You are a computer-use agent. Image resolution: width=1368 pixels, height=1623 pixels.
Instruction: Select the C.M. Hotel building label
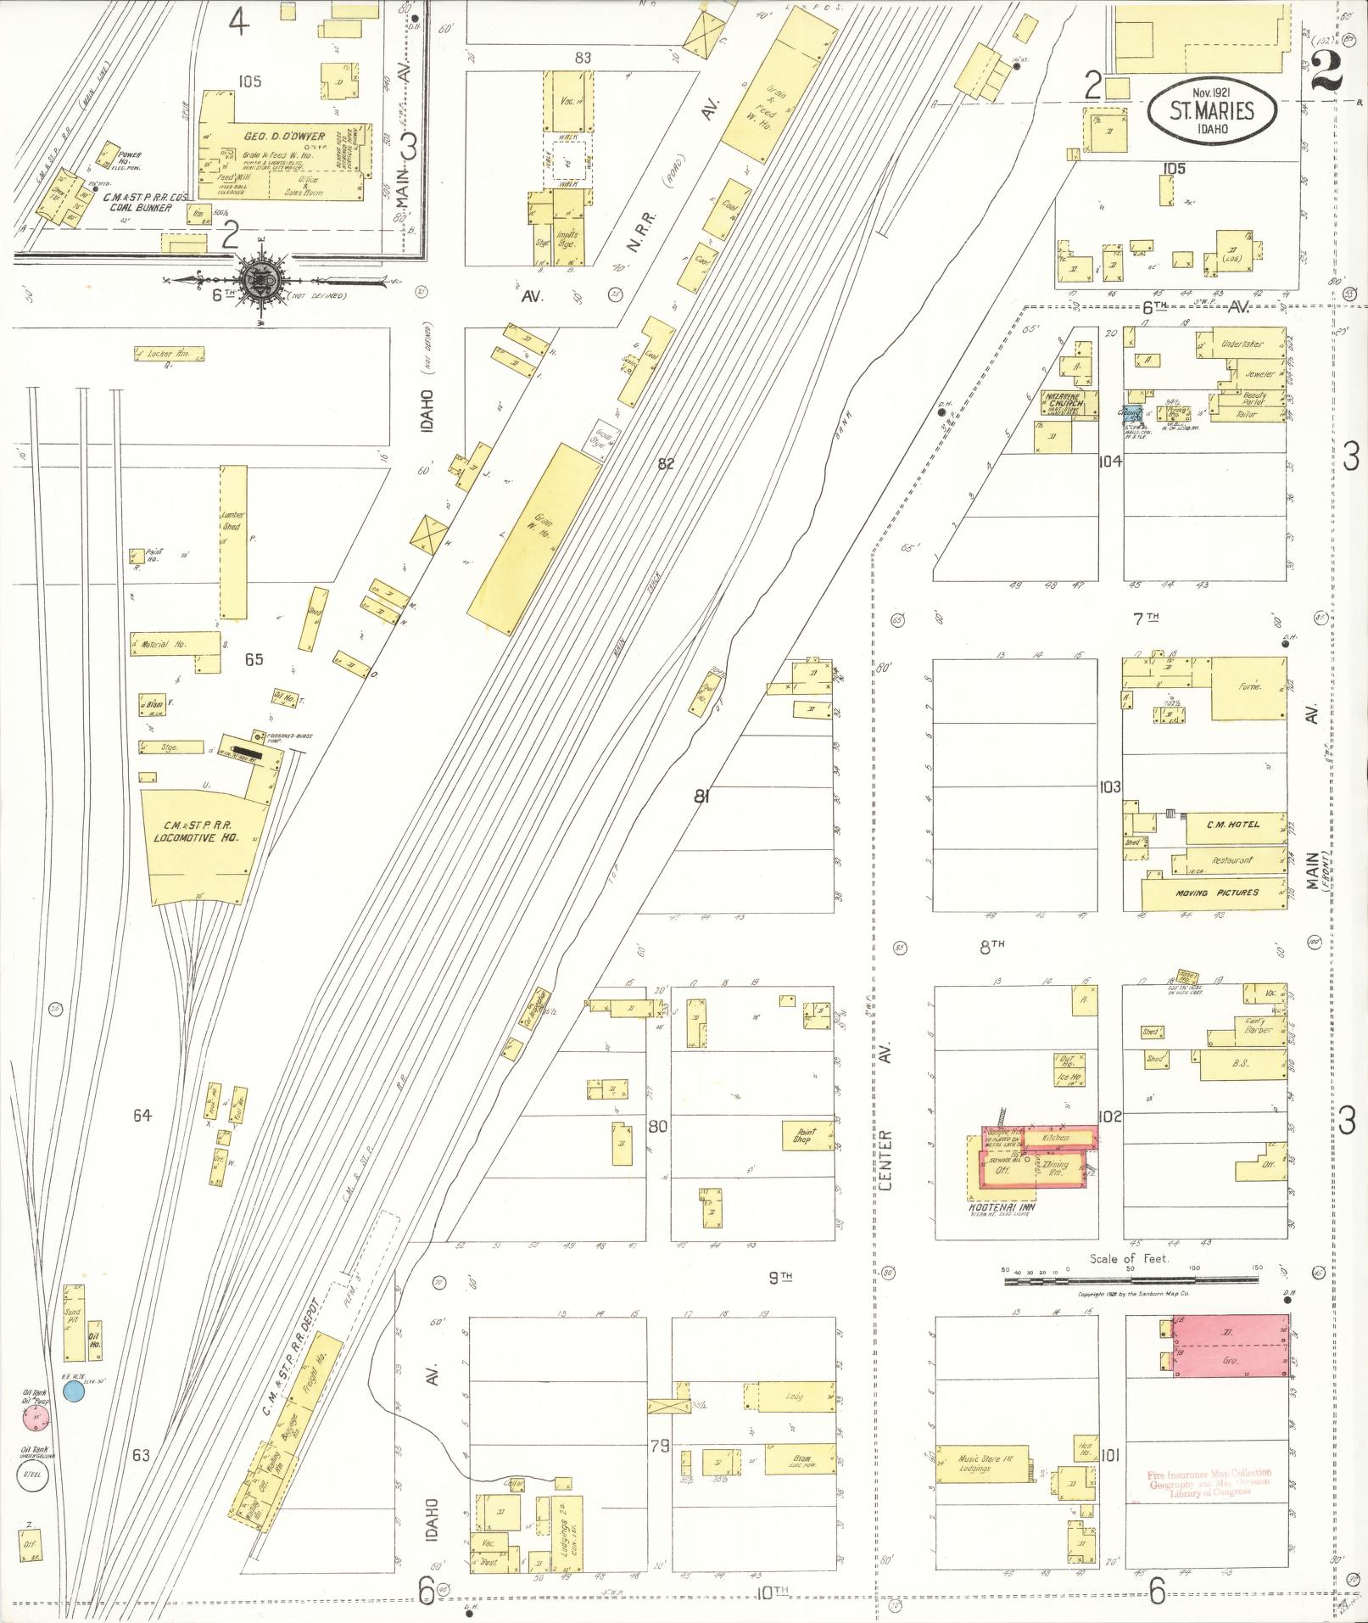pos(1233,824)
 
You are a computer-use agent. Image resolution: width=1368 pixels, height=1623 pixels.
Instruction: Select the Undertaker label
pos(1241,344)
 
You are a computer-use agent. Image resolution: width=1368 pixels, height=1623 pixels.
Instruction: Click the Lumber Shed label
pos(232,520)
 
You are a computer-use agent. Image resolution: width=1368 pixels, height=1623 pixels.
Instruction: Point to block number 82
pos(665,463)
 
